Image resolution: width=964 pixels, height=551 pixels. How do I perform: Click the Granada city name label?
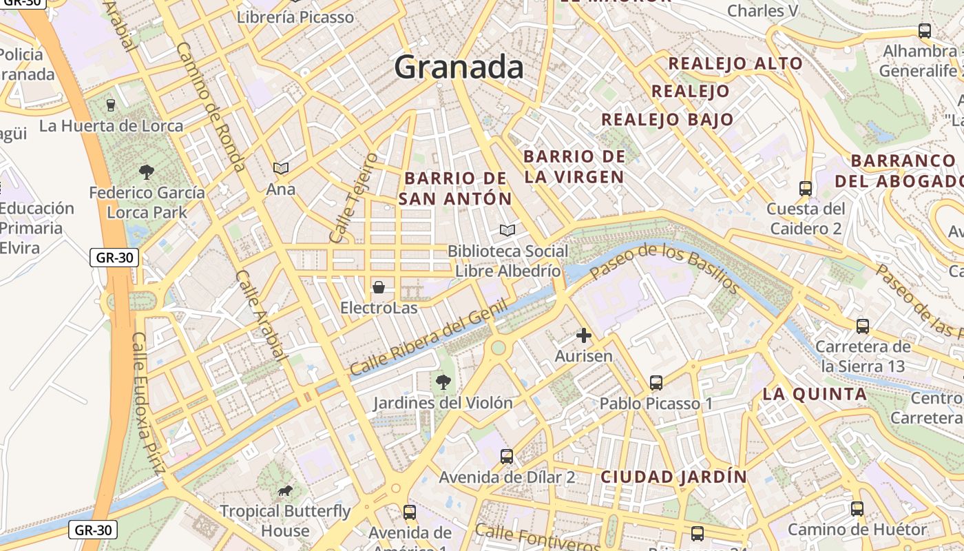[x=459, y=67]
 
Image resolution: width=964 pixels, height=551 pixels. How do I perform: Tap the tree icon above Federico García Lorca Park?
[x=146, y=171]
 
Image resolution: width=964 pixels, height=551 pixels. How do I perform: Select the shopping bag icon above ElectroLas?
[x=378, y=287]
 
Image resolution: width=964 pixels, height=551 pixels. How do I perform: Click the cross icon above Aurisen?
[x=583, y=335]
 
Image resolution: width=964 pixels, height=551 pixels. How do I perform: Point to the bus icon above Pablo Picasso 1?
[x=656, y=382]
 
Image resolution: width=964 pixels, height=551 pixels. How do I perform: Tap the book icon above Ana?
[x=280, y=168]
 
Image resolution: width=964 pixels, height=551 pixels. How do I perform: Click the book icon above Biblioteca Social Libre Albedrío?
[x=507, y=230]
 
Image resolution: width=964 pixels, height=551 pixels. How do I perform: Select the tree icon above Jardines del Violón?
[x=443, y=381]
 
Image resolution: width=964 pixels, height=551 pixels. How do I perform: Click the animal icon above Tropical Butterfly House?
[x=284, y=490]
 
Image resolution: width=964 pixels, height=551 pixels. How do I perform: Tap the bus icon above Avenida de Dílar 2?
[x=506, y=456]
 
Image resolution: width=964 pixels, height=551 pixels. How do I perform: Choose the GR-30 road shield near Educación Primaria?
[x=114, y=258]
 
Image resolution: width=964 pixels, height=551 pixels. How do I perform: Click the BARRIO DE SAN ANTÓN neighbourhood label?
[x=456, y=188]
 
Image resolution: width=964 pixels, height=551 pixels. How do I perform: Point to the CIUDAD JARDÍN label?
[x=673, y=477]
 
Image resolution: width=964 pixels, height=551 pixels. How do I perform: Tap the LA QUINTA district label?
[x=815, y=395]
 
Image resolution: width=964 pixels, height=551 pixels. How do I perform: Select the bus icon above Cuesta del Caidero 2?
[x=805, y=188]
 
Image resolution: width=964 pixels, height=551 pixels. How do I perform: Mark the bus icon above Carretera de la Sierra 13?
[x=862, y=326]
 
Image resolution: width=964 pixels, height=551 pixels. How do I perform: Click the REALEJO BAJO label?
[x=667, y=120]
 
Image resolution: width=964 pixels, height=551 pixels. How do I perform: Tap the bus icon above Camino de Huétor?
[x=857, y=509]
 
